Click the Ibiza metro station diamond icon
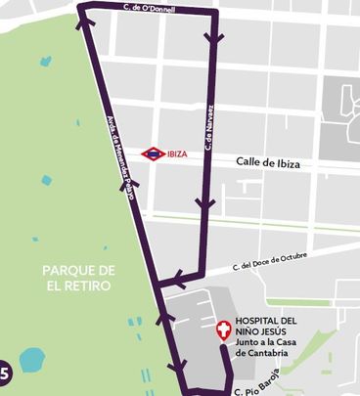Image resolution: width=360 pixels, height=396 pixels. tap(153, 154)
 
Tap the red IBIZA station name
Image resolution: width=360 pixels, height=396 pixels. tap(177, 154)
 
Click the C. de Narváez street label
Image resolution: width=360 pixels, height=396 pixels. tap(209, 129)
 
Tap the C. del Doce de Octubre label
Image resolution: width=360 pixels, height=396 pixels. tap(269, 261)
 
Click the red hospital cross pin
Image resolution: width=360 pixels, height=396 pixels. tap(224, 330)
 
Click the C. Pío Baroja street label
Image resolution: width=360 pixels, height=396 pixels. tap(265, 382)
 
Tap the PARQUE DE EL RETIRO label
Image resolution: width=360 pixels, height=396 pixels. tap(79, 278)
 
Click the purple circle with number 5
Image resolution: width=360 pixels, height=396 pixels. tap(4, 373)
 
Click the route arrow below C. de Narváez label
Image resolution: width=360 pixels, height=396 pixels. tap(204, 204)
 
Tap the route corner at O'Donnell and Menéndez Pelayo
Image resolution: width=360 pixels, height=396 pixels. tap(80, 9)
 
